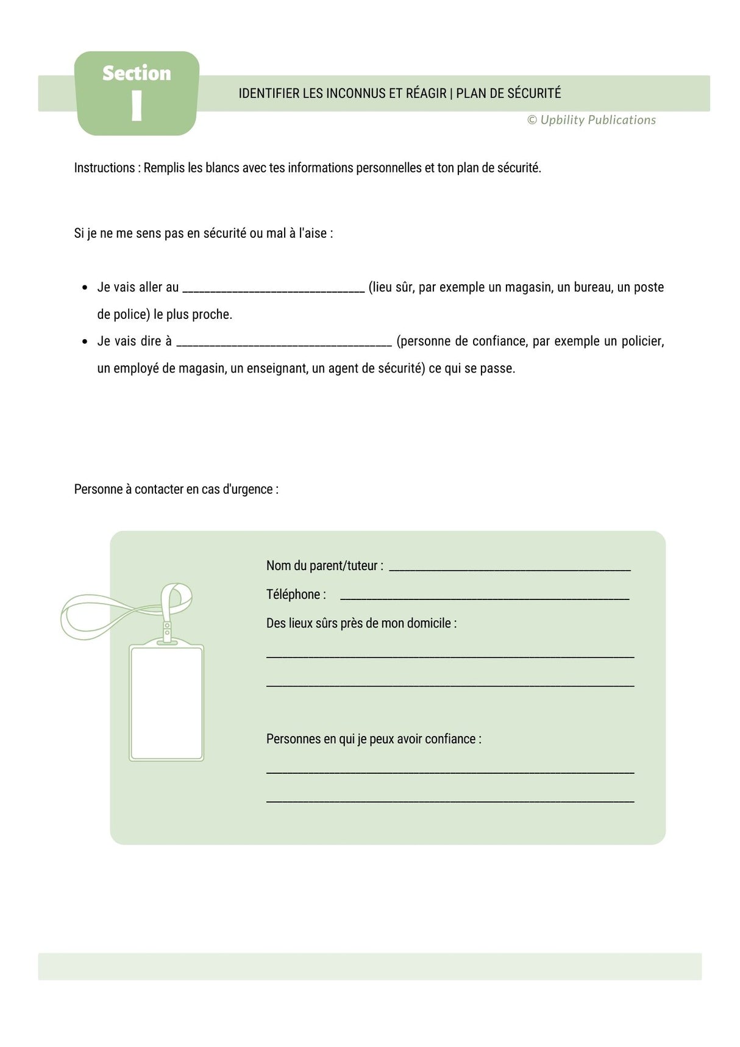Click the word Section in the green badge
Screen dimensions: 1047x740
(137, 73)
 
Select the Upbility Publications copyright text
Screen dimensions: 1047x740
(591, 120)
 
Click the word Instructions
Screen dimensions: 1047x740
(104, 168)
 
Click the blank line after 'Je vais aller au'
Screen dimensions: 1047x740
(273, 290)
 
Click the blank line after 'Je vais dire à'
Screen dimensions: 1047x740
(284, 344)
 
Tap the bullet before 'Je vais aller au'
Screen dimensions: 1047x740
(85, 288)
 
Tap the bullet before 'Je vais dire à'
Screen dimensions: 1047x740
(85, 341)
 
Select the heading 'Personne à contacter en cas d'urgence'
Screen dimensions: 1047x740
(176, 489)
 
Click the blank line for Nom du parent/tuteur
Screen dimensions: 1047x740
(510, 569)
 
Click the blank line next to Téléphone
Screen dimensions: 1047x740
(484, 598)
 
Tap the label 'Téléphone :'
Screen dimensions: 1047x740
(296, 595)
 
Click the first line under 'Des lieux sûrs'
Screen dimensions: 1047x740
(450, 656)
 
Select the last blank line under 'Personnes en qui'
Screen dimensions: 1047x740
(450, 801)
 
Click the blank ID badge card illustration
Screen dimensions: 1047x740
(166, 702)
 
